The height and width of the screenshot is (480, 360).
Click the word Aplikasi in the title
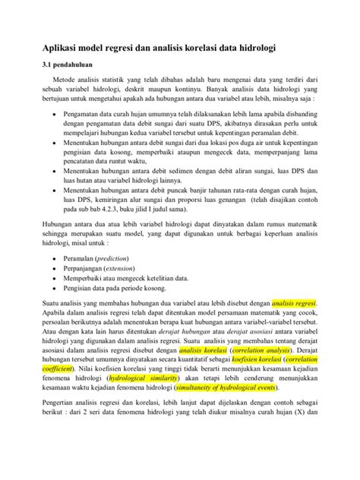click(54, 48)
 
